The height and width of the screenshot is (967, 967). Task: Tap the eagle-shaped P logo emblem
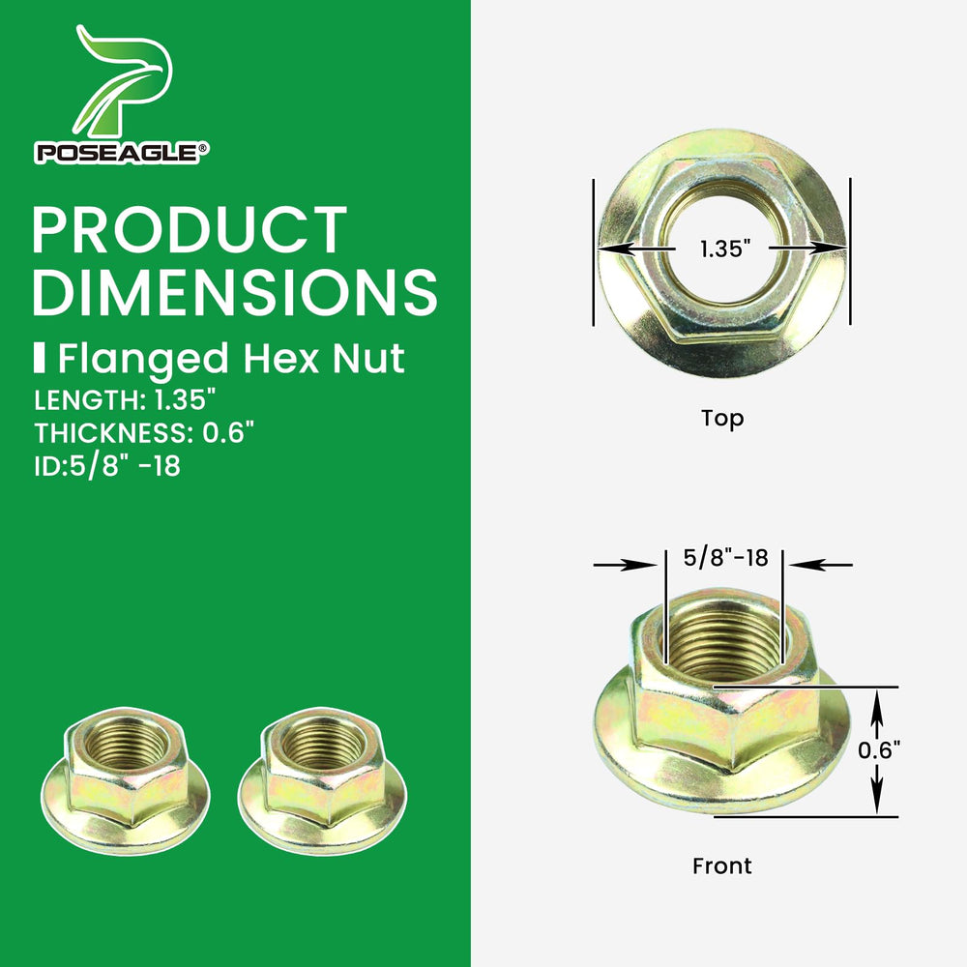click(x=124, y=80)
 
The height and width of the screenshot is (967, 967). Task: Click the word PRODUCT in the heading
click(x=190, y=229)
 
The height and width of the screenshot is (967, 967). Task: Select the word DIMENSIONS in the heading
click(x=235, y=291)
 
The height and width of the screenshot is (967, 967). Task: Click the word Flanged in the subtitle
click(x=143, y=359)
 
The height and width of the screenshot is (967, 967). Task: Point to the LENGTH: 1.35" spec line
click(x=125, y=400)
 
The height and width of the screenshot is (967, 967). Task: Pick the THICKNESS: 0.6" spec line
click(x=144, y=433)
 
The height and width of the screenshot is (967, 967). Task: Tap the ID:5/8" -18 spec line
click(x=107, y=466)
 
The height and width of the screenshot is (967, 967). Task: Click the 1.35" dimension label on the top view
click(x=724, y=249)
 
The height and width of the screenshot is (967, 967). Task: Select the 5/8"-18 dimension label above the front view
click(x=726, y=558)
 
